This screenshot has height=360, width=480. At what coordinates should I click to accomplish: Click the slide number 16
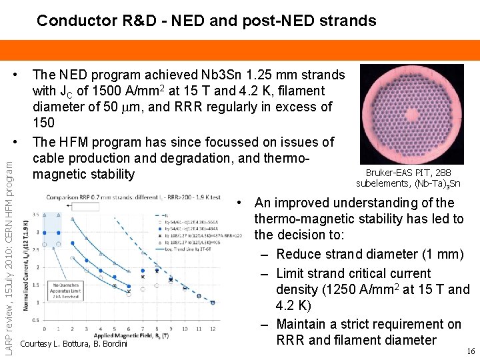tap(470, 351)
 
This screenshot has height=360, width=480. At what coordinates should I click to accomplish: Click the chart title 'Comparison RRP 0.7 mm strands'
tap(96, 197)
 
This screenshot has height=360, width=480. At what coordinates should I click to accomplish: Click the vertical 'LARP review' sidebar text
tap(9, 260)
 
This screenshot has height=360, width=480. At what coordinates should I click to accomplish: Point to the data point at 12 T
tap(213, 302)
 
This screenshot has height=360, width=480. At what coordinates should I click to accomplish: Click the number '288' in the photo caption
tap(441, 173)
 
